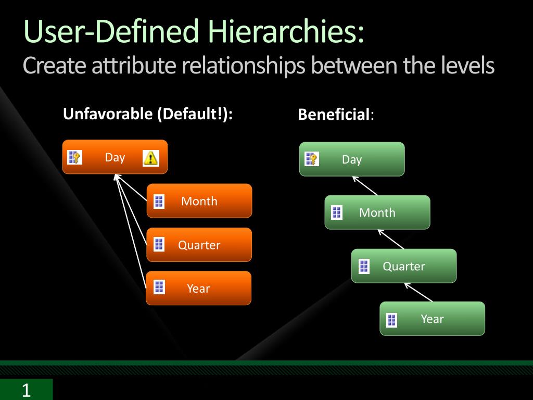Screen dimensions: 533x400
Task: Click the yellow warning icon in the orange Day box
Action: coord(150,158)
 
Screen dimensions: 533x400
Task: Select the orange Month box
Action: coord(199,201)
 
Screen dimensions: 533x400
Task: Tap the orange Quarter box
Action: coord(199,245)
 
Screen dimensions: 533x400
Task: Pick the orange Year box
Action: coord(198,288)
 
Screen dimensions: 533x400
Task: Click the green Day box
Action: coord(352,159)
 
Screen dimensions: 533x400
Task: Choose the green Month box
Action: coord(377,213)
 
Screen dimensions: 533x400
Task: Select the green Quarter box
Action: coord(404,266)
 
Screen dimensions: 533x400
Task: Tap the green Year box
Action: coord(433,319)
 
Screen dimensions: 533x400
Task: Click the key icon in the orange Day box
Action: coord(75,157)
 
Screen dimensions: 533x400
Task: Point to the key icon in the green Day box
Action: coord(312,159)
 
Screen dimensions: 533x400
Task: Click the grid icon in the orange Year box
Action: coord(159,287)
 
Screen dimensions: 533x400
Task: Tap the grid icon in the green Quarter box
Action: coord(364,266)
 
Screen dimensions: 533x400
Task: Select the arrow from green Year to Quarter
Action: coord(418,293)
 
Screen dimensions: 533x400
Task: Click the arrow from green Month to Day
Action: coord(365,186)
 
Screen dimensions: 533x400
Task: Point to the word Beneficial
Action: coord(334,114)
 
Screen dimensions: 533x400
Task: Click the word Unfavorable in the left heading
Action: coord(108,114)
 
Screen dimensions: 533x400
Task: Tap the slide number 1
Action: coord(26,390)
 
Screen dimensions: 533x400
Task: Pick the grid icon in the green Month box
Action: coord(337,213)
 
